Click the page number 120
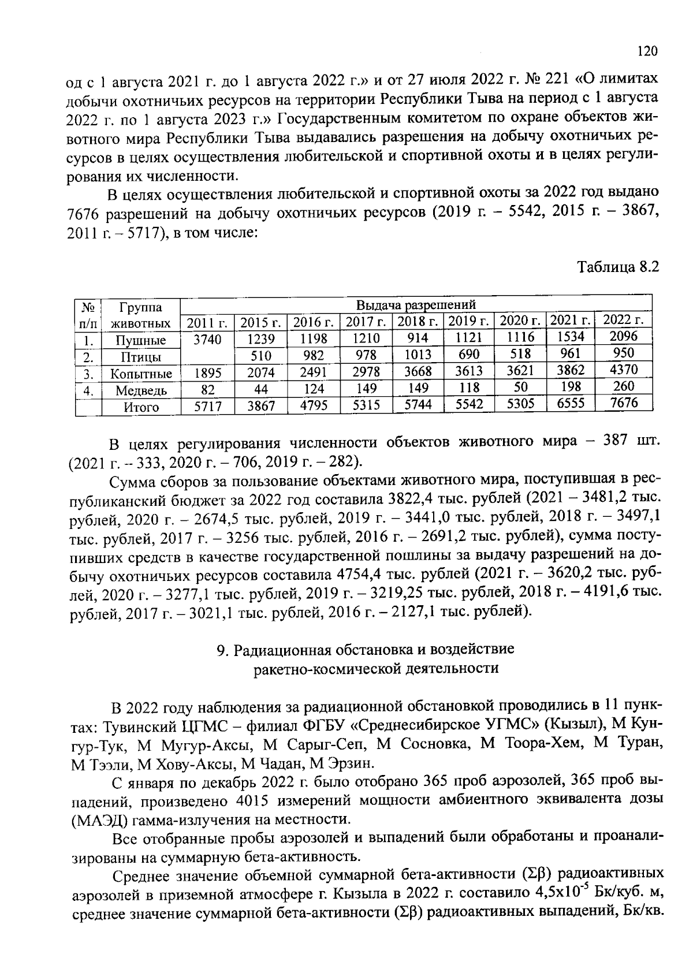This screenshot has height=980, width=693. pos(647,51)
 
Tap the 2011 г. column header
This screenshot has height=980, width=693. pos(207,322)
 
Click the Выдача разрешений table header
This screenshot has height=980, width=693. pos(416,304)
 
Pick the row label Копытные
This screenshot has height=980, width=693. pos(141,374)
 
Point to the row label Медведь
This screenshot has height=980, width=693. pos(141,390)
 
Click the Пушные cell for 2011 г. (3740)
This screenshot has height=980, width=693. pos(207,340)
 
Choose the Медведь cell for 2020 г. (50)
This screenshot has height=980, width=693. pos(520,387)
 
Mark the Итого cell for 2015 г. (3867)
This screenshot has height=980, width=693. pos(261,406)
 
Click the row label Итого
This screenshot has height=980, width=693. pos(141,407)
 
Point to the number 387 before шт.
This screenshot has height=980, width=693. pos(615,441)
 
